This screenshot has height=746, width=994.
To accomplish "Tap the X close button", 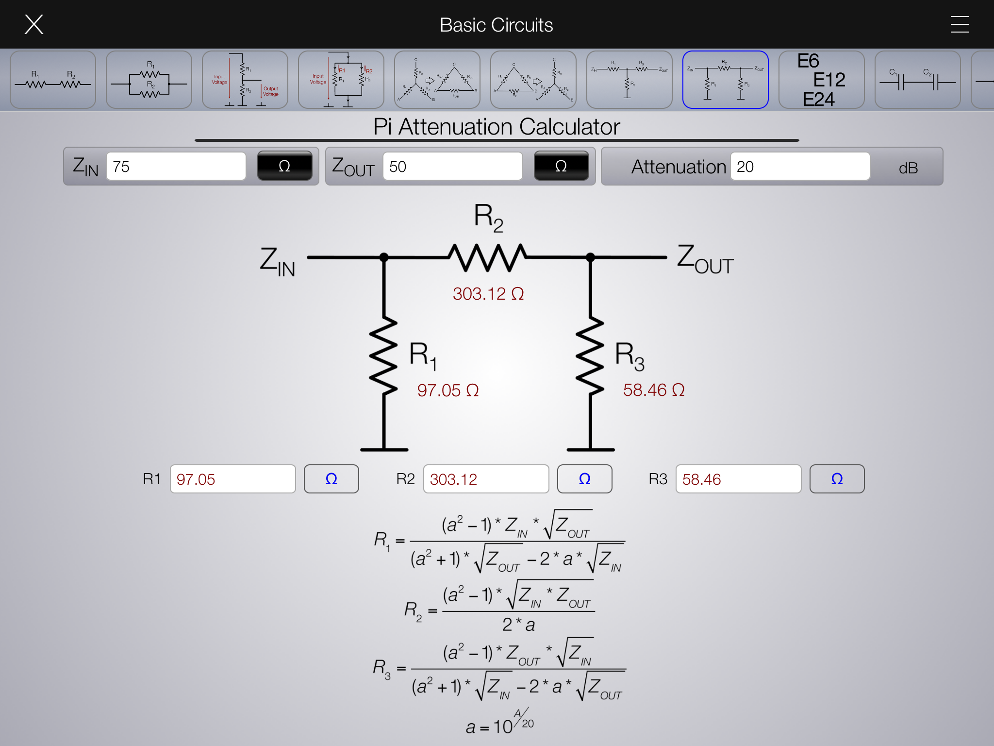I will coord(34,24).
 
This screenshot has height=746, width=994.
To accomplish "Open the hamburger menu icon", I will coord(960,24).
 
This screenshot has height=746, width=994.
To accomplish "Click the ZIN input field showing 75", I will coord(176,167).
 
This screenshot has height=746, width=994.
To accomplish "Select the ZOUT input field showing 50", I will coord(452,167).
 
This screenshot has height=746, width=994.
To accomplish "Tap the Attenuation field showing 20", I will coord(800,167).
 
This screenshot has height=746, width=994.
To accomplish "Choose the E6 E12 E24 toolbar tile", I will coord(821,80).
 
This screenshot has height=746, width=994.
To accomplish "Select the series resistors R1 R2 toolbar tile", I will coord(53,80).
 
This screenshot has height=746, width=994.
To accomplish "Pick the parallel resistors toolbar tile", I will coord(149,80).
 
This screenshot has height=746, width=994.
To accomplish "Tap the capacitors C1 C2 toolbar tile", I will coord(917,80).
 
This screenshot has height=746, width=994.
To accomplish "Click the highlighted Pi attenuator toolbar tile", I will coord(725,80).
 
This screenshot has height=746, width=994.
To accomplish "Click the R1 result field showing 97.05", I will coord(232,479).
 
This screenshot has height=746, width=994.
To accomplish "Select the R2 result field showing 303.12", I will coord(486,479).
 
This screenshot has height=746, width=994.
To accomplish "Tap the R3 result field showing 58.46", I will coord(738,479).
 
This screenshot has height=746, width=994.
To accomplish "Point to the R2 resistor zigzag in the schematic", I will coord(487,257).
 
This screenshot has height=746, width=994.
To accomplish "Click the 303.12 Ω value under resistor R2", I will coord(488,294).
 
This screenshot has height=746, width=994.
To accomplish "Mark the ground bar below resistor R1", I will coord(384,450).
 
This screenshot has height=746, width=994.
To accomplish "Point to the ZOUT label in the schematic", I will coord(705,259).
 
